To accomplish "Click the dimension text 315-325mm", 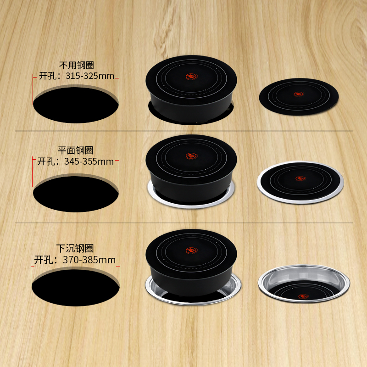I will coord(89,76).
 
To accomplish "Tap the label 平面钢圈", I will coord(76,150).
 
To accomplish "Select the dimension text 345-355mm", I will coord(89,161).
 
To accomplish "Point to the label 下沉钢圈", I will coord(75,249).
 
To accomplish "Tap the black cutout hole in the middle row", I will coord(76,194).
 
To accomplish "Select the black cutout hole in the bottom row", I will coord(75,285).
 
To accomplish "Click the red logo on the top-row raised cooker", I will coord(190,77).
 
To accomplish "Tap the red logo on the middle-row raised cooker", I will coord(190,156).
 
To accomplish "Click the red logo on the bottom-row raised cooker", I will coord(190,250).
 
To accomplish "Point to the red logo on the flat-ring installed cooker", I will coord(300,178).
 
